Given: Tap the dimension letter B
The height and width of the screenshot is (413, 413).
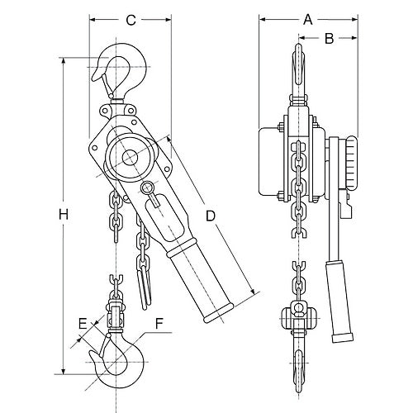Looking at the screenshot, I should [327, 38].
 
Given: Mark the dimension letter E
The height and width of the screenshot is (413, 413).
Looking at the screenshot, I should [82, 323].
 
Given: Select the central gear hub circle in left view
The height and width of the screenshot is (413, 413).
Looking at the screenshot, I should [129, 157].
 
